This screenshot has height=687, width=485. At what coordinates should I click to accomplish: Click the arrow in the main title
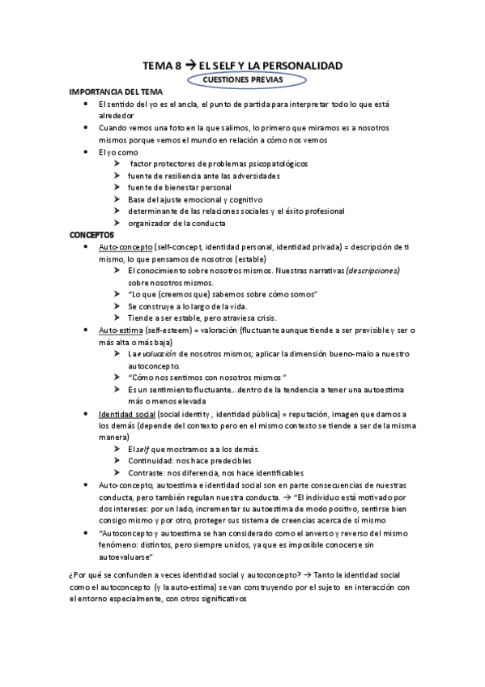[x=190, y=65]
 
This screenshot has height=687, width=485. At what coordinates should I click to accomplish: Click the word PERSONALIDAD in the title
[x=301, y=65]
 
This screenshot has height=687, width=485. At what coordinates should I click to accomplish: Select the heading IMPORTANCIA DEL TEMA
[x=117, y=93]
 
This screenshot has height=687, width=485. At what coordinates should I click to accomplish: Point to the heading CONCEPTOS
[x=92, y=234]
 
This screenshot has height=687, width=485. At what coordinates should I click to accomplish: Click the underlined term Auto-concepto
[x=123, y=246]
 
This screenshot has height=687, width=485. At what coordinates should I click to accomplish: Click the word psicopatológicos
[x=274, y=164]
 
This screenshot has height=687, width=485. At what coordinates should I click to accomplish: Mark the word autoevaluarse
[x=126, y=557]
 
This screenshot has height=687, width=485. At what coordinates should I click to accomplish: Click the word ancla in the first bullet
[x=190, y=105]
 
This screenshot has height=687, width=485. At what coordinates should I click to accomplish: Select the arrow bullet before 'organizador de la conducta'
[x=117, y=223]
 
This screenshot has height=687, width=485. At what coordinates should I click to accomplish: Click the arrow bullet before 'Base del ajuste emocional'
[x=117, y=199]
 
